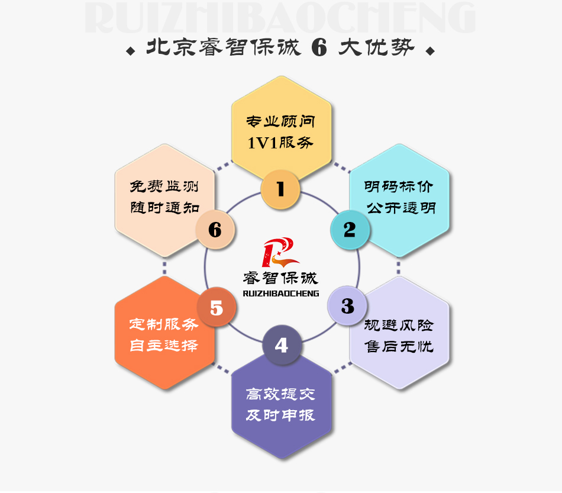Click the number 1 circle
coord(280,189)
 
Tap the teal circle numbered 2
coord(350,230)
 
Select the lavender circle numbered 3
coord(347,306)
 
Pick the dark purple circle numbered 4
coord(282,345)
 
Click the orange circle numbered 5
coord(217,307)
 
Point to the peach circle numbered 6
coord(215,230)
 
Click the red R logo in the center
coord(280,252)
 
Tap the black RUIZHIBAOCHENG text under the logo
coord(281,294)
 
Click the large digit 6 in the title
coord(319,47)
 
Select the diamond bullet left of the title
coord(131,51)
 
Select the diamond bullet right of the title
coord(430,51)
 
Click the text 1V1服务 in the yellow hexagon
coord(280,143)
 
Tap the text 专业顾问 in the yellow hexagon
coord(280,121)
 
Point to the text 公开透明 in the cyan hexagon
coord(400,208)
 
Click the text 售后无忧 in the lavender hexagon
coord(399,346)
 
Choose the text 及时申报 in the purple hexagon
coord(280,415)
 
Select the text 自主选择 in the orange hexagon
coord(164,345)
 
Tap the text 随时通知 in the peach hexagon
coord(164,207)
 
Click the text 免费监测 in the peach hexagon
coord(164,186)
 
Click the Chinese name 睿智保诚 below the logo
coord(280,278)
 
